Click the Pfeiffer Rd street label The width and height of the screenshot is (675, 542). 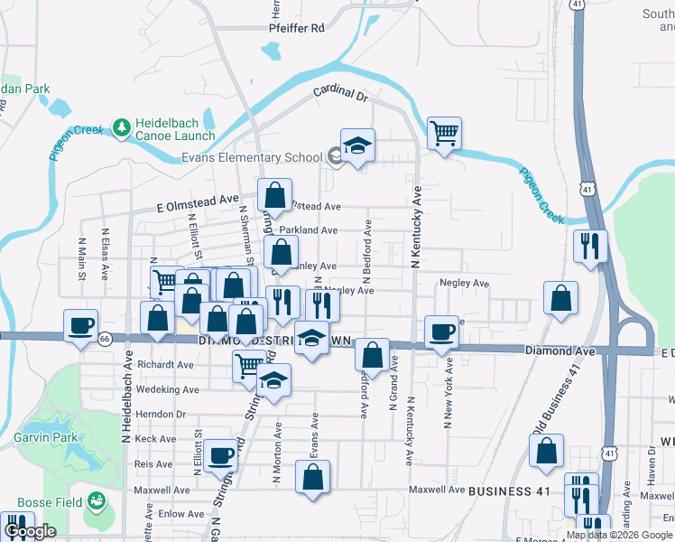(296, 28)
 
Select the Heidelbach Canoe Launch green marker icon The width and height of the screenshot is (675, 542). (121, 127)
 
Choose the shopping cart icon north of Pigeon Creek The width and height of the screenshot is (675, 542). (444, 134)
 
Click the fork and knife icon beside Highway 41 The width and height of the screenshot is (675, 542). (590, 245)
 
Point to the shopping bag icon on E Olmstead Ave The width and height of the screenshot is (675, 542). (273, 195)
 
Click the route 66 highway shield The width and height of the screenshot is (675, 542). (106, 339)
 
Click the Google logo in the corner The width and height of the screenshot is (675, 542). (29, 531)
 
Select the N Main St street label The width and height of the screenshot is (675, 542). (81, 260)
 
